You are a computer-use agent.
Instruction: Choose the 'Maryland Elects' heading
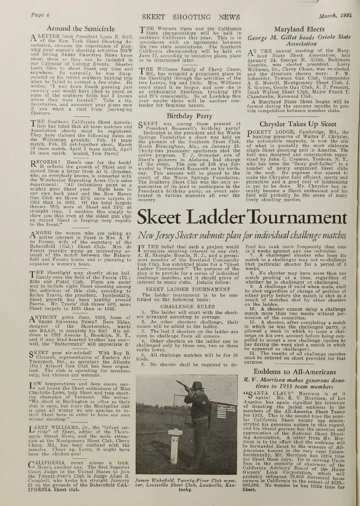[299, 29]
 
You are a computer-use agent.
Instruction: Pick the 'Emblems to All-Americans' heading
[299, 372]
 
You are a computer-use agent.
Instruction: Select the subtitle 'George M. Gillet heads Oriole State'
[299, 37]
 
